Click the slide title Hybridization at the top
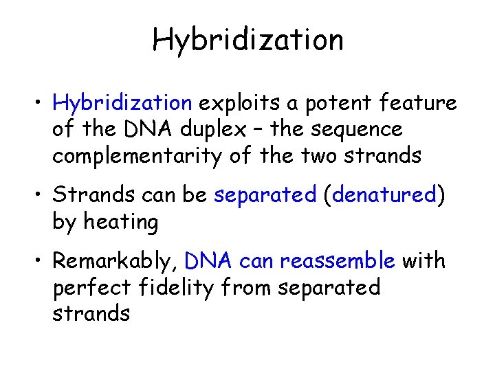247,39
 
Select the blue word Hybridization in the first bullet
122,104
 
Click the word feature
417,104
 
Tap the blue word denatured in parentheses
385,195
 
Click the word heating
122,222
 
